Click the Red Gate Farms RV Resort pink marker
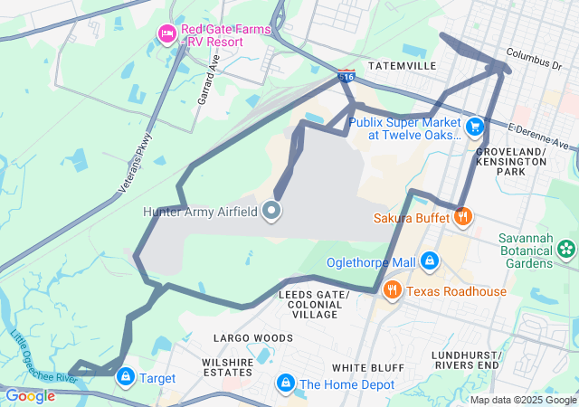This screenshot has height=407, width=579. point(166,34)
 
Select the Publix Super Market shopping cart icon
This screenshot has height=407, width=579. point(474,125)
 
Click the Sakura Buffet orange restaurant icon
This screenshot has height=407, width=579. point(463,216)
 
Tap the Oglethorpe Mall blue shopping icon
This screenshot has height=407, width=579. point(430,261)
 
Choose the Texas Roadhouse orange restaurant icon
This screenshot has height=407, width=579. point(392,290)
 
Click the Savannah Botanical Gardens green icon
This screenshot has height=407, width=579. point(566,247)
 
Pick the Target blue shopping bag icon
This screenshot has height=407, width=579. point(126,377)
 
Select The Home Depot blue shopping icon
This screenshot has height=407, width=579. point(286,383)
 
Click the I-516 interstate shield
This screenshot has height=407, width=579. point(346,77)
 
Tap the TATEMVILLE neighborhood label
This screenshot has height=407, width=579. point(403,66)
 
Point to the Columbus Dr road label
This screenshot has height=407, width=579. point(535,60)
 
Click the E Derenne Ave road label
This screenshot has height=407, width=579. point(542,137)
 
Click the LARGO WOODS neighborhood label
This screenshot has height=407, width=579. point(252,337)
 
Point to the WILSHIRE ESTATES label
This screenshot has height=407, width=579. point(226,365)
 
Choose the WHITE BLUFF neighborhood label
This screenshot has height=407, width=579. point(362,367)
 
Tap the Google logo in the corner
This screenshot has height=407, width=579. point(30,395)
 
